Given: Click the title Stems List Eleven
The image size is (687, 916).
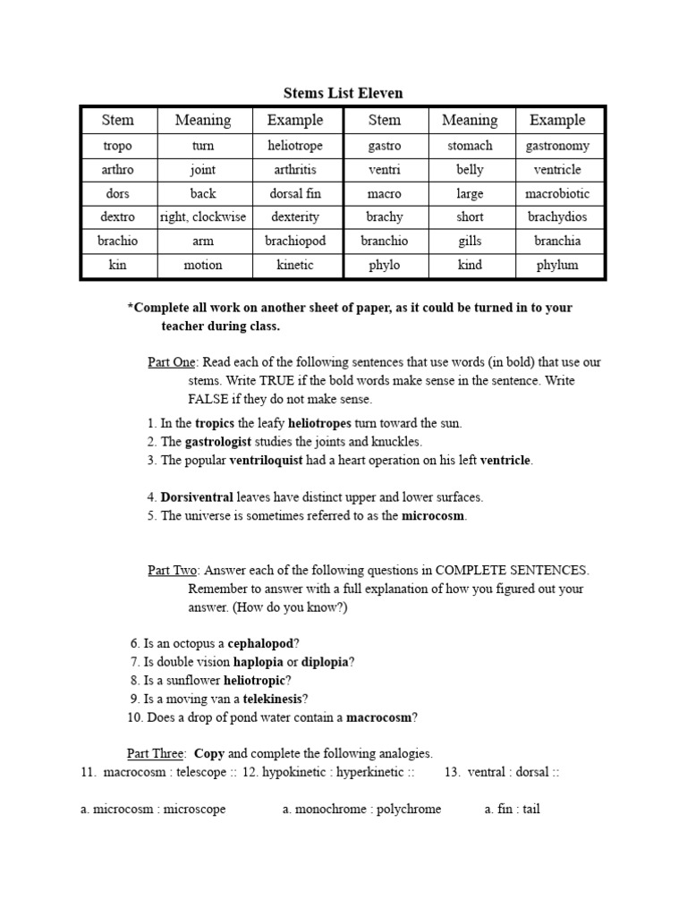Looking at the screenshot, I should coord(343,93).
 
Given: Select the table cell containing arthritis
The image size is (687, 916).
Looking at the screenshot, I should coord(295,169).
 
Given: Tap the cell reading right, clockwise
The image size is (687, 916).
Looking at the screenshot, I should coord(203,216).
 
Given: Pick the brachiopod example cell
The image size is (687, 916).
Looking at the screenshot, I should coord(295,241).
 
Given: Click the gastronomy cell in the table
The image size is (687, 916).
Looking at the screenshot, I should coord(557,145).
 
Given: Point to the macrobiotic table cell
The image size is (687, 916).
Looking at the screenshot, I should coord(557,193).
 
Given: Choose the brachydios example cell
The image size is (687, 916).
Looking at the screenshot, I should coord(557,216).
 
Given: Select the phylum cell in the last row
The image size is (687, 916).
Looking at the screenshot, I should coord(557,265).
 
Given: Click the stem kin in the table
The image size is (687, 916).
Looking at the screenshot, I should coord(117,265).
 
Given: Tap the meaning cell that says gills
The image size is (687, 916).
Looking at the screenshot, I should coord(470,241).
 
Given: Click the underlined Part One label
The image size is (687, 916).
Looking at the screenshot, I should coord(172,362).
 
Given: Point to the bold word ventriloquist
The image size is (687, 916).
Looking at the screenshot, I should coord(273,461).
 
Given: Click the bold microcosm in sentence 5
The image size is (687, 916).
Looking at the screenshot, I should coord(434,515).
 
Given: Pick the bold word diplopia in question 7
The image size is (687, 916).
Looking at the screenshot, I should coord(326,662).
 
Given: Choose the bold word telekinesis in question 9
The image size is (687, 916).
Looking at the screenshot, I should coord(267,699).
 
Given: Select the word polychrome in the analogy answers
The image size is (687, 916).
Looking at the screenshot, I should coord(409,810).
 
